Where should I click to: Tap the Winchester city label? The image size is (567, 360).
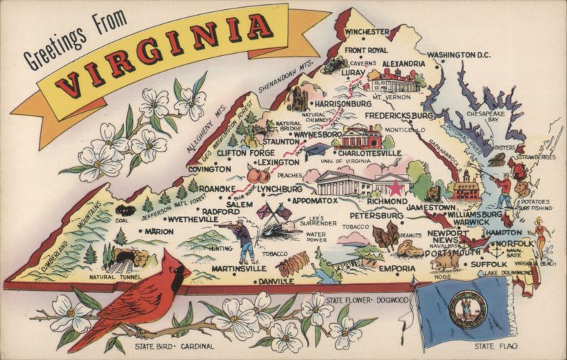click(x=366, y=32)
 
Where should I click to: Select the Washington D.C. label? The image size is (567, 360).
click(x=459, y=55)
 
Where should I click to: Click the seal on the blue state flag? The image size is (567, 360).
click(x=467, y=309)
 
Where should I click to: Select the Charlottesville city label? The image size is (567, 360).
click(x=369, y=152)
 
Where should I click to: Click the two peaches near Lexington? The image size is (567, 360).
click(x=252, y=175)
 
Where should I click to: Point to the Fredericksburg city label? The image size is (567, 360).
click(x=399, y=115)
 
